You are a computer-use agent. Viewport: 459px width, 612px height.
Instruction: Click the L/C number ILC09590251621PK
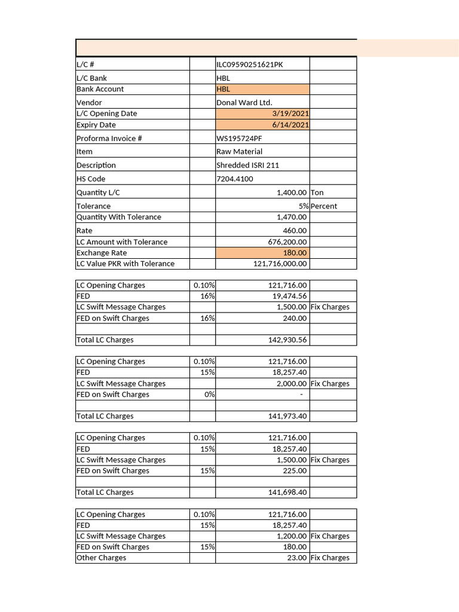[x=249, y=65]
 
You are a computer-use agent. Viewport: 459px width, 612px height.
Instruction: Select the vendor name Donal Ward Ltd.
[x=244, y=102]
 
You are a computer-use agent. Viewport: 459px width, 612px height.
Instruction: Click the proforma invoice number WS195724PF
[x=239, y=138]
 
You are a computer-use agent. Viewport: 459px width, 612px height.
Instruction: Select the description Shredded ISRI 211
[x=247, y=165]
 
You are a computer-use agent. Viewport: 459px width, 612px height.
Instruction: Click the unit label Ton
[x=317, y=192]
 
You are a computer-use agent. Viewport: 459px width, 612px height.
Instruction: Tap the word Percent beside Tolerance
[x=323, y=206]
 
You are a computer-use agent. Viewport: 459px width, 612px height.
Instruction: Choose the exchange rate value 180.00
[x=295, y=253]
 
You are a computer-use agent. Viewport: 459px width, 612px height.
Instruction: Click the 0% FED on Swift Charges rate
[x=209, y=394]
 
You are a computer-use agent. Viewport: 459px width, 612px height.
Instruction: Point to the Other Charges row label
[x=101, y=558]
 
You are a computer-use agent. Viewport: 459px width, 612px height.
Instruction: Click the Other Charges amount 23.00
[x=297, y=558]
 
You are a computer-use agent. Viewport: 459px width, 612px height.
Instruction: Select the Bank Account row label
[x=100, y=89]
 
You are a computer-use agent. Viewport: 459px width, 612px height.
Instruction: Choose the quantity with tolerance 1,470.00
[x=292, y=217]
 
